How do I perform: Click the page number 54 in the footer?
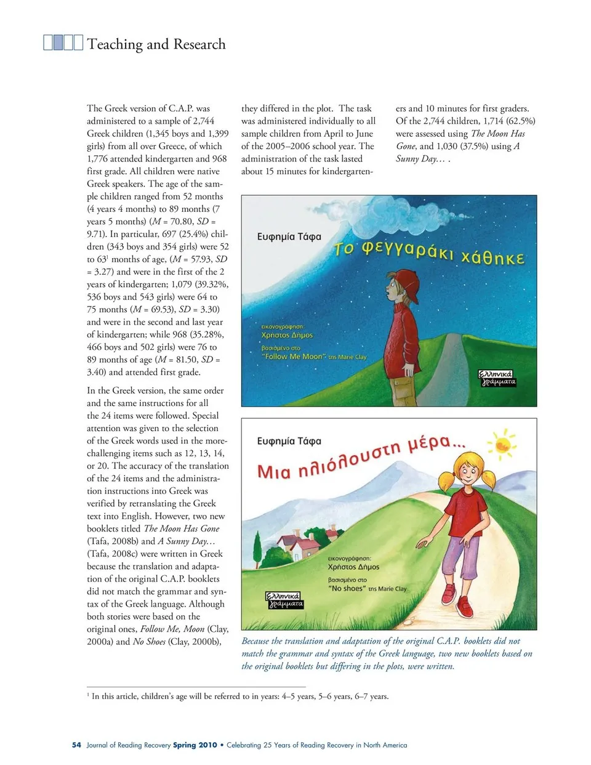tap(76, 745)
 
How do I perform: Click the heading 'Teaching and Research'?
tap(156, 44)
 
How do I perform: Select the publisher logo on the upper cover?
tap(497, 378)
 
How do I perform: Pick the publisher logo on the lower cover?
tap(284, 600)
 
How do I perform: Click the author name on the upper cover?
tap(289, 237)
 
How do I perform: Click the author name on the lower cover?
tap(289, 441)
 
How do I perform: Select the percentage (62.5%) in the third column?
tap(520, 121)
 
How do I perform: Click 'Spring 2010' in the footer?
tap(195, 745)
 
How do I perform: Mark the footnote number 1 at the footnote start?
tap(89, 695)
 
